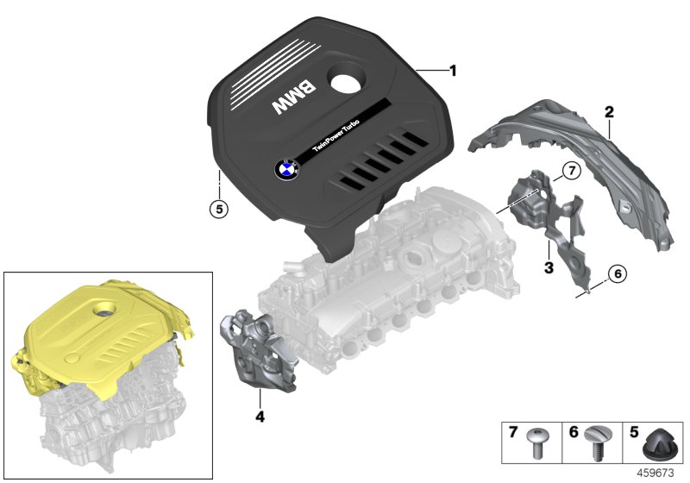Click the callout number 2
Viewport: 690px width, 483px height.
pyautogui.click(x=608, y=112)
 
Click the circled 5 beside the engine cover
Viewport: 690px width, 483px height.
pyautogui.click(x=220, y=208)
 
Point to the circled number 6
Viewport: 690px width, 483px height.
pyautogui.click(x=616, y=274)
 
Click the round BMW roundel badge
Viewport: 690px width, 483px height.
pyautogui.click(x=286, y=169)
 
